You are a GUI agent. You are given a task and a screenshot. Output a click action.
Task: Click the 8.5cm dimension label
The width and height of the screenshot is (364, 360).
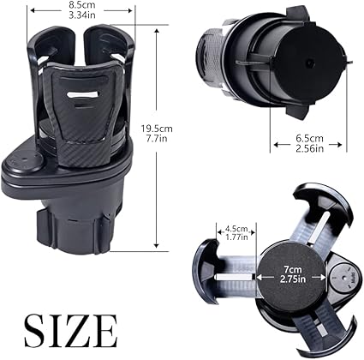point(82,5)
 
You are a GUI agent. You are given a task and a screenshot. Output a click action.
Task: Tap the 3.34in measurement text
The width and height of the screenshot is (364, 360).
point(82,15)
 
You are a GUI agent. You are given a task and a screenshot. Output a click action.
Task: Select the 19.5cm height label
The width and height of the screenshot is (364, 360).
point(157,129)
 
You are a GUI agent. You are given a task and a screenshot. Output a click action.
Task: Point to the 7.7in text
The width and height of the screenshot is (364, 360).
point(157,139)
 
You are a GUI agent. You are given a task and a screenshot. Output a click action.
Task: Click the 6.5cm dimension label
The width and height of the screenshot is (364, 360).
point(309,139)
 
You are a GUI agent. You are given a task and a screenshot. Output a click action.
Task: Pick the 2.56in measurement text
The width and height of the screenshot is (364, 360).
point(310,148)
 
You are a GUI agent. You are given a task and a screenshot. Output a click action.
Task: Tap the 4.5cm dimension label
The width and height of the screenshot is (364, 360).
point(236,229)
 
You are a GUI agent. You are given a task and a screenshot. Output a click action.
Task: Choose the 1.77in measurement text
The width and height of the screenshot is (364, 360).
point(236,237)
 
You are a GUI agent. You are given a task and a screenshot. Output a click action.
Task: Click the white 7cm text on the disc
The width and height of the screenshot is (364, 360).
point(293,269)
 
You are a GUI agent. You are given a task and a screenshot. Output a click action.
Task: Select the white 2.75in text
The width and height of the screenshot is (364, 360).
point(293,279)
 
